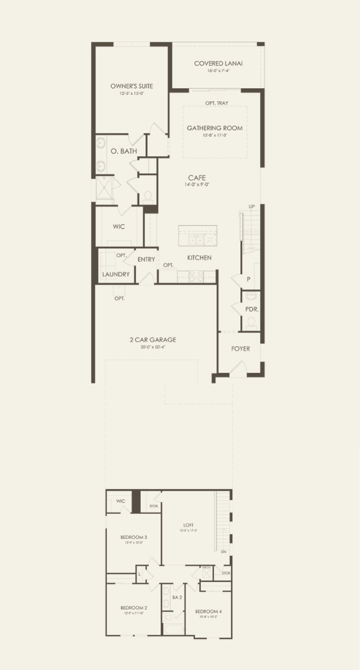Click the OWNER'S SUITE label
click(x=132, y=86)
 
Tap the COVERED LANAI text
click(x=218, y=63)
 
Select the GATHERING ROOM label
click(x=214, y=128)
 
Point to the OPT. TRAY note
click(x=217, y=103)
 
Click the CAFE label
click(x=197, y=177)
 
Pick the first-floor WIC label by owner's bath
click(x=119, y=226)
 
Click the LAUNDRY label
click(x=116, y=274)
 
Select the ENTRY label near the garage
click(x=146, y=259)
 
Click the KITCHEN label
click(x=200, y=257)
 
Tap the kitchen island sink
click(x=194, y=240)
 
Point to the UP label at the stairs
click(x=251, y=207)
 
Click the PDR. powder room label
click(x=251, y=309)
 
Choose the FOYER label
click(x=241, y=349)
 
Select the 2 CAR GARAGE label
click(x=153, y=339)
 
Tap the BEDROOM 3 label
click(x=133, y=537)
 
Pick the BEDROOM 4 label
click(x=207, y=612)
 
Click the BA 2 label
click(x=176, y=597)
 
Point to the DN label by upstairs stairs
click(x=223, y=552)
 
